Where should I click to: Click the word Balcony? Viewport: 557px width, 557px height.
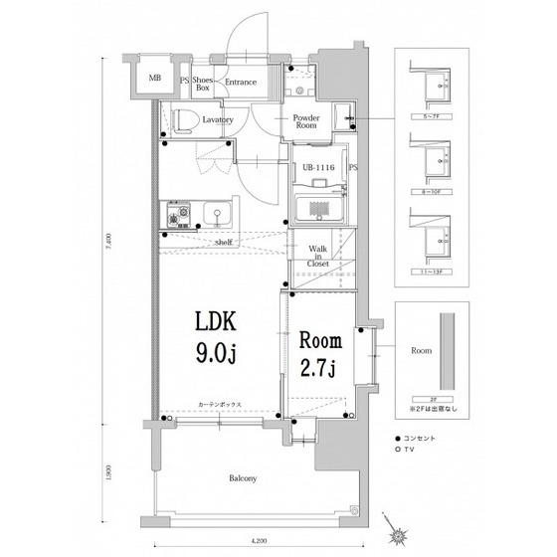coord(244,478)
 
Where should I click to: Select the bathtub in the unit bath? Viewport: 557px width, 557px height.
coord(320,208)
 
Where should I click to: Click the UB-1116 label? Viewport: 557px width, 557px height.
coord(317,167)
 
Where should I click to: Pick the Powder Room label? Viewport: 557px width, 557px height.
coord(306,123)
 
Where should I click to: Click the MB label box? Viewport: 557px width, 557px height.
coord(155,79)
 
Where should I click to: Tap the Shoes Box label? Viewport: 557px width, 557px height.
coord(202,85)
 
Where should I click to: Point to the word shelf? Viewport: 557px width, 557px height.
coord(223,242)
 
